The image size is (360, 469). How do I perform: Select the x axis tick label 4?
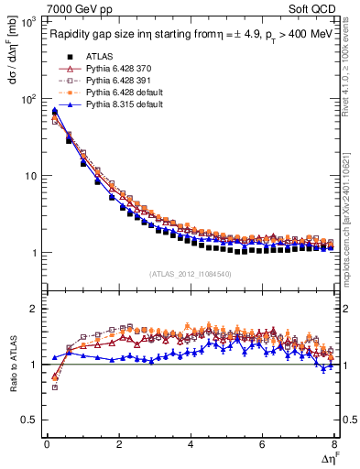[191, 445]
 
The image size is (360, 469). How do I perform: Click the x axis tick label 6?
[263, 445]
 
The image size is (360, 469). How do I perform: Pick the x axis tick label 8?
[334, 445]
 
